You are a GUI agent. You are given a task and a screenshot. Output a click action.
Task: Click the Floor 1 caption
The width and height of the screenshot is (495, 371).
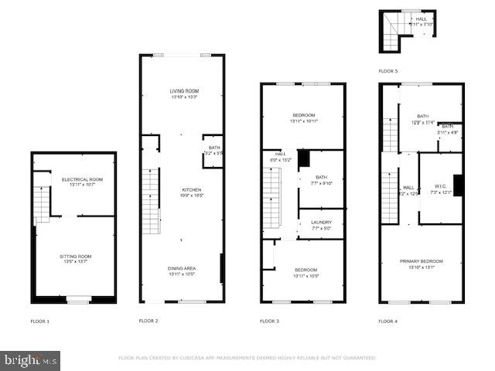(39, 320)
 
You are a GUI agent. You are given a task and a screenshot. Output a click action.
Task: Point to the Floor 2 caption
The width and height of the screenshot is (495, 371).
(148, 320)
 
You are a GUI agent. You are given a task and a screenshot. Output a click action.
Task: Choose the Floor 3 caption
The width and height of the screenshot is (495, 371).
(269, 320)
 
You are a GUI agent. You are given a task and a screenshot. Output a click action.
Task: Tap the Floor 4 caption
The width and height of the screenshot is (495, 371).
(387, 320)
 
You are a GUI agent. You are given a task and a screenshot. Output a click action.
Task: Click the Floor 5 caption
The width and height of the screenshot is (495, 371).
(387, 70)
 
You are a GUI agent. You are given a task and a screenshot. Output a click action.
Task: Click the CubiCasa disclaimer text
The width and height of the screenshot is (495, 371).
(247, 358)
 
